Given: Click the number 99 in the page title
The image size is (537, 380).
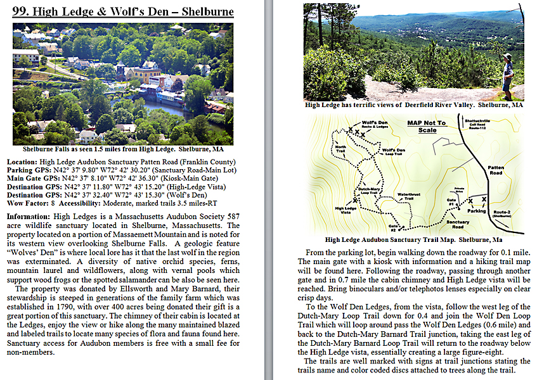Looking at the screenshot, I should click(21, 11).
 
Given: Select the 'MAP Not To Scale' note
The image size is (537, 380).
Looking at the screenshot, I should click(426, 126).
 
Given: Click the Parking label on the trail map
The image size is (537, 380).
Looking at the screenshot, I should click(477, 211).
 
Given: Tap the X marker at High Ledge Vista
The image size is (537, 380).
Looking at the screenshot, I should click(356, 199).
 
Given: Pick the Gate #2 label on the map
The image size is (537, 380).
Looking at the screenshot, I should click(394, 226).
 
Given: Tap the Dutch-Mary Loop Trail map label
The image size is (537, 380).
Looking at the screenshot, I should click(369, 189).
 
